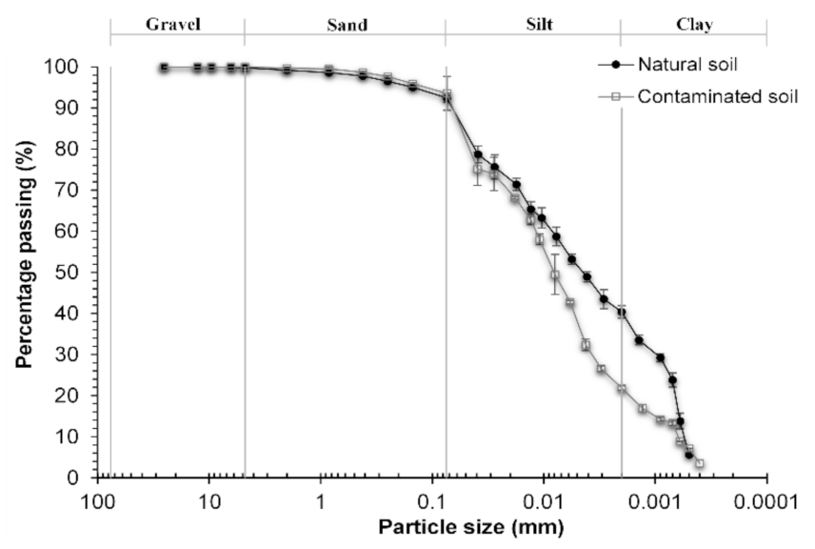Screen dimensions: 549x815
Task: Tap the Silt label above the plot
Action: pyautogui.click(x=533, y=26)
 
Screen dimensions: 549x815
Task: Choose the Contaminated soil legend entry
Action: pyautogui.click(x=717, y=95)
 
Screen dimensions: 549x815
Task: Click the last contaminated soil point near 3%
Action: pyautogui.click(x=700, y=463)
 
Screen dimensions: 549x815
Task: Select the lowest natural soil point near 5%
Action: pyautogui.click(x=689, y=455)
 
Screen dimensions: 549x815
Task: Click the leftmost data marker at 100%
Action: pyautogui.click(x=164, y=68)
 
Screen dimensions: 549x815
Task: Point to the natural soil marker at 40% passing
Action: pyautogui.click(x=622, y=312)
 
